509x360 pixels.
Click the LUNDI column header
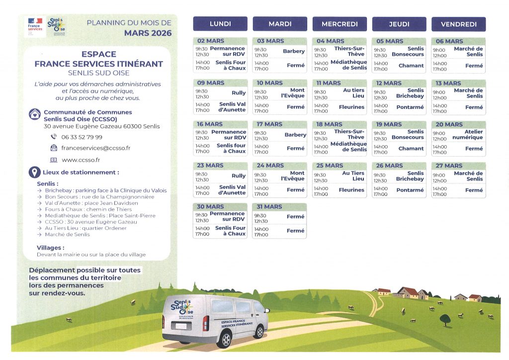tap(220, 24)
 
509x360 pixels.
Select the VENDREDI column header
tap(458, 24)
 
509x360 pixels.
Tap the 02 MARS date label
tap(211, 41)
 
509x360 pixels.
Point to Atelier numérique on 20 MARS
tap(467, 135)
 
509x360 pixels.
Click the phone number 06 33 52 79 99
tap(82, 137)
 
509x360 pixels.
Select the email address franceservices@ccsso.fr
tap(96, 148)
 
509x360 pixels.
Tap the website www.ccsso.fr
tap(81, 160)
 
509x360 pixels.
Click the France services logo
tap(35, 26)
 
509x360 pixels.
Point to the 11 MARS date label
tap(329, 83)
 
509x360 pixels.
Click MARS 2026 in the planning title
tap(148, 33)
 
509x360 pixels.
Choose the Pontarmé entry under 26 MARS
tap(410, 190)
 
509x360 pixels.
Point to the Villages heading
tap(50, 248)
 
